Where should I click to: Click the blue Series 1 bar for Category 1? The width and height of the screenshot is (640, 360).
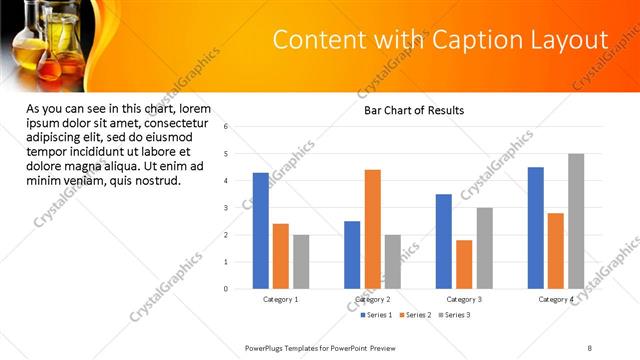click(x=260, y=231)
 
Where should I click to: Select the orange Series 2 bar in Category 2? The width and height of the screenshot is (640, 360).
click(x=372, y=229)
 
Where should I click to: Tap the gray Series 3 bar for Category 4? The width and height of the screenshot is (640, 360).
click(x=576, y=221)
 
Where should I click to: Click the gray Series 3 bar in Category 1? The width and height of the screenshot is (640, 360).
click(x=301, y=262)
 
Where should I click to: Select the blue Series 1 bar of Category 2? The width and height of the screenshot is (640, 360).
click(x=352, y=255)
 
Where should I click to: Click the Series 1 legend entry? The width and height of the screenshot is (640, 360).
click(x=378, y=315)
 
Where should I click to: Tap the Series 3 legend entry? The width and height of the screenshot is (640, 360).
click(x=453, y=315)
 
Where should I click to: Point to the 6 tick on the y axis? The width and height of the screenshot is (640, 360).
click(x=227, y=127)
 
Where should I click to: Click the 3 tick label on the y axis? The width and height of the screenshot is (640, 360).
click(x=227, y=208)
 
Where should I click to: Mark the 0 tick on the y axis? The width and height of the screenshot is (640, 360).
click(x=227, y=289)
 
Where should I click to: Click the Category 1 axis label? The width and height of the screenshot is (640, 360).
click(x=281, y=300)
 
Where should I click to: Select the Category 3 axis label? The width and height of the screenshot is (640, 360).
click(x=464, y=300)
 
